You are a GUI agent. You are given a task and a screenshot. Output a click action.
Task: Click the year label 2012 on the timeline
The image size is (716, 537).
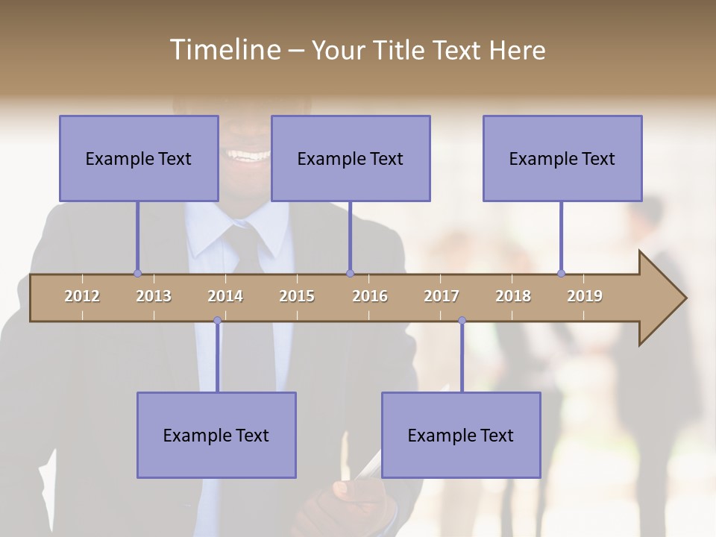[82, 296]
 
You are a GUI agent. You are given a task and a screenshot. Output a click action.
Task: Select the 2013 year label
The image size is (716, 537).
[154, 296]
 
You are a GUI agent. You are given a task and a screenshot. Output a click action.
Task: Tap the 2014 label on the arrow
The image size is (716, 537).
[225, 296]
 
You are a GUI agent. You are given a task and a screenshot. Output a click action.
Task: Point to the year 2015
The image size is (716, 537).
[297, 296]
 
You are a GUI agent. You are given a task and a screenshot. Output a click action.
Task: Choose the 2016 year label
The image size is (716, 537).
[370, 296]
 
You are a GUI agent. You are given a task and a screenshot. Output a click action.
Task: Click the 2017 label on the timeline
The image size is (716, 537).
[442, 296]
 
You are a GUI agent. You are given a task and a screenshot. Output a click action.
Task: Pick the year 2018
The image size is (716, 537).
[513, 296]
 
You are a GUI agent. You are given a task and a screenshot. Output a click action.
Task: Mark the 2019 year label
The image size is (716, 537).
[585, 296]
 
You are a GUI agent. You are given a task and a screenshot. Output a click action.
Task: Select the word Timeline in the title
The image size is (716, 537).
[224, 50]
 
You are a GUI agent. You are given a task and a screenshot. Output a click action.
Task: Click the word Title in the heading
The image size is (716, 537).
[401, 50]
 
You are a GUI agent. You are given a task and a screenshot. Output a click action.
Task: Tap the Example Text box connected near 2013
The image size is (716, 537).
[139, 158]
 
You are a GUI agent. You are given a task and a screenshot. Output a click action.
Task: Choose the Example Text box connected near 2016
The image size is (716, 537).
[351, 158]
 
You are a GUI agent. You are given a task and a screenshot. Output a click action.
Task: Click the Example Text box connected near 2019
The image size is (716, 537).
[562, 158]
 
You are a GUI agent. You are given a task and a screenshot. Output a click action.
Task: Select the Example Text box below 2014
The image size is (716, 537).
[216, 435]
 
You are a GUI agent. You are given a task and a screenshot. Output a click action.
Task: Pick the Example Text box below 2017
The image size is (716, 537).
[461, 435]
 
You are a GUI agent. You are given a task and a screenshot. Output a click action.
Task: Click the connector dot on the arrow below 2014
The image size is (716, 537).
[217, 321]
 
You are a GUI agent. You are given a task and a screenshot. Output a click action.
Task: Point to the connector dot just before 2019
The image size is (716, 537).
[561, 273]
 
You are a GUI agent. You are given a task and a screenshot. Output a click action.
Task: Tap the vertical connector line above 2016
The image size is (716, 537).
[350, 237]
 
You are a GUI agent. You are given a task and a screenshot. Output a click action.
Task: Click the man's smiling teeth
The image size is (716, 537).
[249, 156]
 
